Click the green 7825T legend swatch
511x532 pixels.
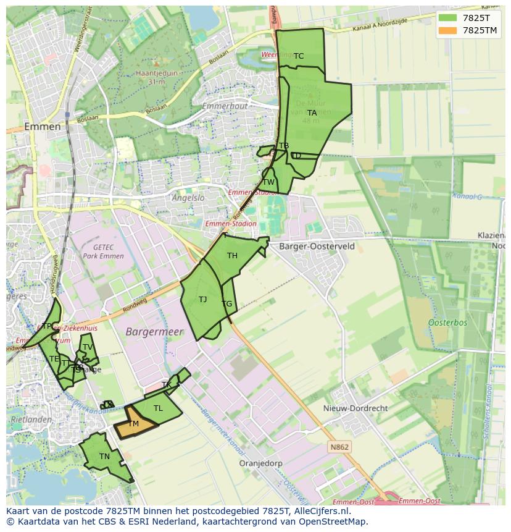pos(447,18)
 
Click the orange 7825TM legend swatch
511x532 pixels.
pos(447,30)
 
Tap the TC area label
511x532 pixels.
pos(299,56)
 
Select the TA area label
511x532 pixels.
pos(312,113)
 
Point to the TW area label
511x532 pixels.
pos(268,182)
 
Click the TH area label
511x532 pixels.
pos(232,256)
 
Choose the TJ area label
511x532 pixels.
pos(203,300)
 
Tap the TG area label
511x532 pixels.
pos(227,304)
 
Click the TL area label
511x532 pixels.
pos(158,408)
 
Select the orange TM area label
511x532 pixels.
pos(133,424)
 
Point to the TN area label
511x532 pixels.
pos(105,457)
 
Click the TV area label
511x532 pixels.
pos(88,347)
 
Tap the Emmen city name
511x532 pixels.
pos(43,127)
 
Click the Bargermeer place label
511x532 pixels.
pos(155,332)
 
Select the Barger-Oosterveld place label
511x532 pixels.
pos(317,246)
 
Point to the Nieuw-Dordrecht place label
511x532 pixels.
pos(355,408)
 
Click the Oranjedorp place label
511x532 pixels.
pos(260,463)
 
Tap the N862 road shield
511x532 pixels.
pos(339,447)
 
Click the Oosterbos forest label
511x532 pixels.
pos(447,323)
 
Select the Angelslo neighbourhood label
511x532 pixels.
pos(188,198)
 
